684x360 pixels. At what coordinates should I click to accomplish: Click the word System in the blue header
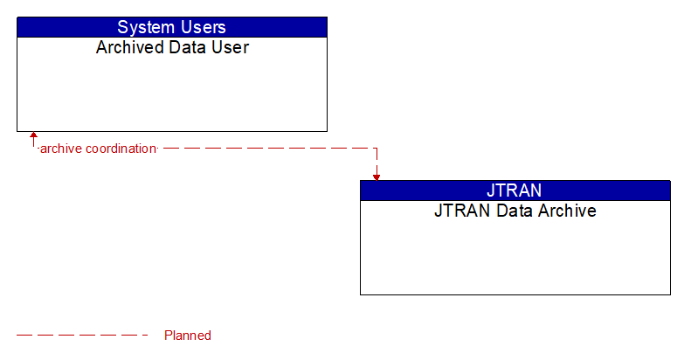(x=146, y=27)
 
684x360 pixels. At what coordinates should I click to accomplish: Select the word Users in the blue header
(x=201, y=27)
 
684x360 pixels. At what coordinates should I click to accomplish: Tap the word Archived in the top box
(x=128, y=47)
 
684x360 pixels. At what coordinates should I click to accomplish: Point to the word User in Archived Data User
(x=230, y=47)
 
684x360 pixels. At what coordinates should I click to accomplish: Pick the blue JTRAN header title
(x=515, y=190)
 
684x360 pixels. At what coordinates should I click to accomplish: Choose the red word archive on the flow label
(x=61, y=149)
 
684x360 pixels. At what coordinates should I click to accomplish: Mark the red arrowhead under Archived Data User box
(x=33, y=136)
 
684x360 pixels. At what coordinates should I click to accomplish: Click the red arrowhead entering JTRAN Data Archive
(x=377, y=177)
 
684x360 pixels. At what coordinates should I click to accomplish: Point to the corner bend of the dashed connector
(x=377, y=149)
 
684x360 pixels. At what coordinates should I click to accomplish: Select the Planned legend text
(x=188, y=336)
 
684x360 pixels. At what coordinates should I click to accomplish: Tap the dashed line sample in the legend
(x=83, y=336)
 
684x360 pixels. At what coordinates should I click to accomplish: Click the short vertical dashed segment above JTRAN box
(x=377, y=162)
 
